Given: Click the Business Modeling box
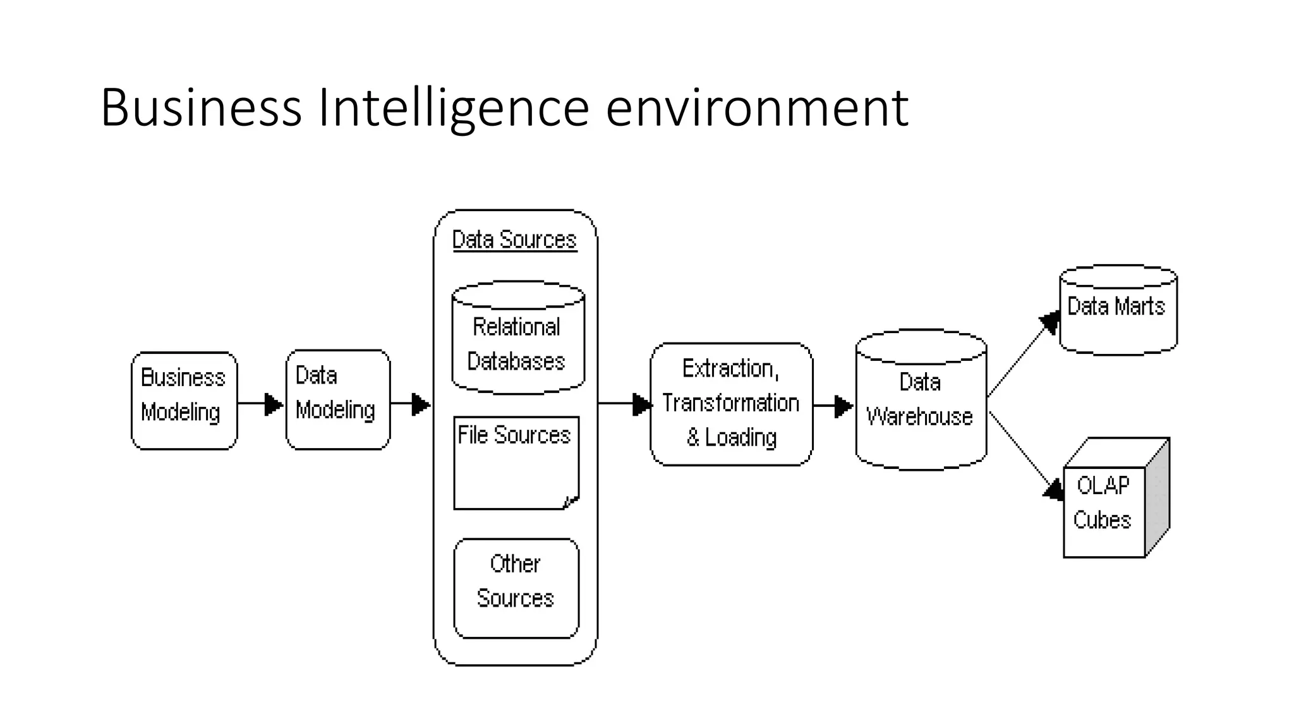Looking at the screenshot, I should point(184,401).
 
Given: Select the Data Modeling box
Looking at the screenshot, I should point(337,399).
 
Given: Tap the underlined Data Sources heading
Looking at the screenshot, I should point(514,240).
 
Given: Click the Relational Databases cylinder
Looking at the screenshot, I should point(517,344).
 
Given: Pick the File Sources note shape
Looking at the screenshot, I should point(516,463).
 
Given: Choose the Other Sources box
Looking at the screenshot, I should point(516,588).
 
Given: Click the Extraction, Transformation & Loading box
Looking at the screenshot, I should point(731,404).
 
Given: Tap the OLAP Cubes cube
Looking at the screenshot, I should point(1103,511).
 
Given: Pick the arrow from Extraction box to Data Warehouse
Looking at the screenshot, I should point(833,406).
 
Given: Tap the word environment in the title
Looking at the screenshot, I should point(757,108).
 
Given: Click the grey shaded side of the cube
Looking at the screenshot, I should point(1158,499).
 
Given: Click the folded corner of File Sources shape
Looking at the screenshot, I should point(571,502).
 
